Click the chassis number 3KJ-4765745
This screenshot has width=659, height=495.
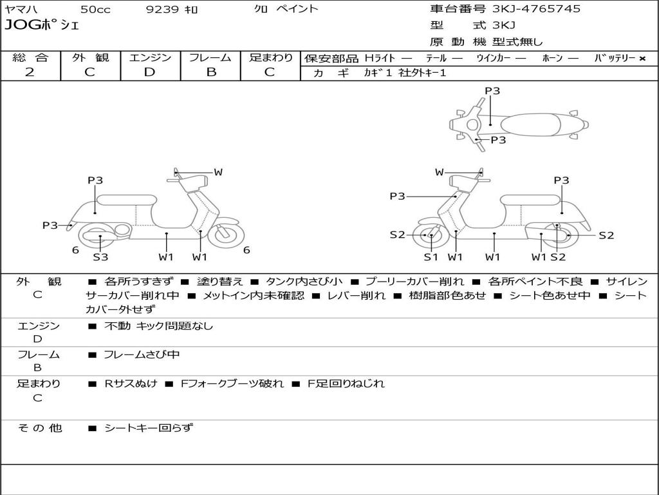point(535,9)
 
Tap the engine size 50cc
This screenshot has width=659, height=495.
point(94,10)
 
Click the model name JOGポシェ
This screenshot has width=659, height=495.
point(42,26)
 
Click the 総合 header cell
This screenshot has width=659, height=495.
point(30,58)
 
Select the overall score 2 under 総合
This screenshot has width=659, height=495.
point(30,72)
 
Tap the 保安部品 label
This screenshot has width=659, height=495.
point(331,58)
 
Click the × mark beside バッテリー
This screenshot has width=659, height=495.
point(642,58)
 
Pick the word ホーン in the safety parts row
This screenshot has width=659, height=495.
point(552,58)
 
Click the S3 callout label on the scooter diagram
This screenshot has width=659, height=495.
point(100,257)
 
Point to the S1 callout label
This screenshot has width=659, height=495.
point(431,257)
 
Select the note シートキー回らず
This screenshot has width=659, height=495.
point(148,428)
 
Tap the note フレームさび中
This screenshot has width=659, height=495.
point(142,354)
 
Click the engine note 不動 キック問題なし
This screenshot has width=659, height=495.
point(158,326)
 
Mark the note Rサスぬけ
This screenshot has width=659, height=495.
point(131,383)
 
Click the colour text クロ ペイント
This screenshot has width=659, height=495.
point(286,10)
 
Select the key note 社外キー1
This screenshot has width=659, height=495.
point(423,73)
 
